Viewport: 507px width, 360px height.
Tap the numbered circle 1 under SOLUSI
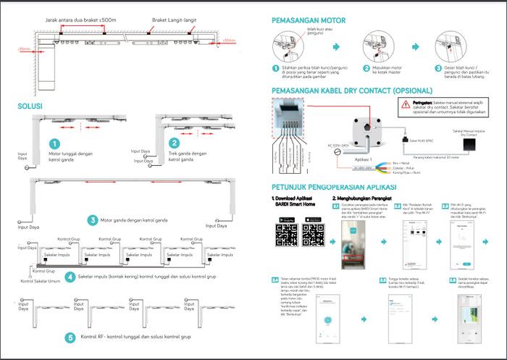[x=54, y=144]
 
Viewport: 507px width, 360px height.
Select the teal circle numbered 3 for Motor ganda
[x=92, y=220]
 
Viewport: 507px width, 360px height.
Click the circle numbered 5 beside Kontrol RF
[x=70, y=337]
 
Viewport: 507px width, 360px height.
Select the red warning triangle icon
[x=405, y=105]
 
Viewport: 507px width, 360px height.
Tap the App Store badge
[x=316, y=218]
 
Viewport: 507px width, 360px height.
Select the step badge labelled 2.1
[x=336, y=206]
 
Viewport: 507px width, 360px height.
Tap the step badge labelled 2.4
[x=275, y=279]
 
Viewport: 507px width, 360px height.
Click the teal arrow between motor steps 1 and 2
[x=335, y=45]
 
